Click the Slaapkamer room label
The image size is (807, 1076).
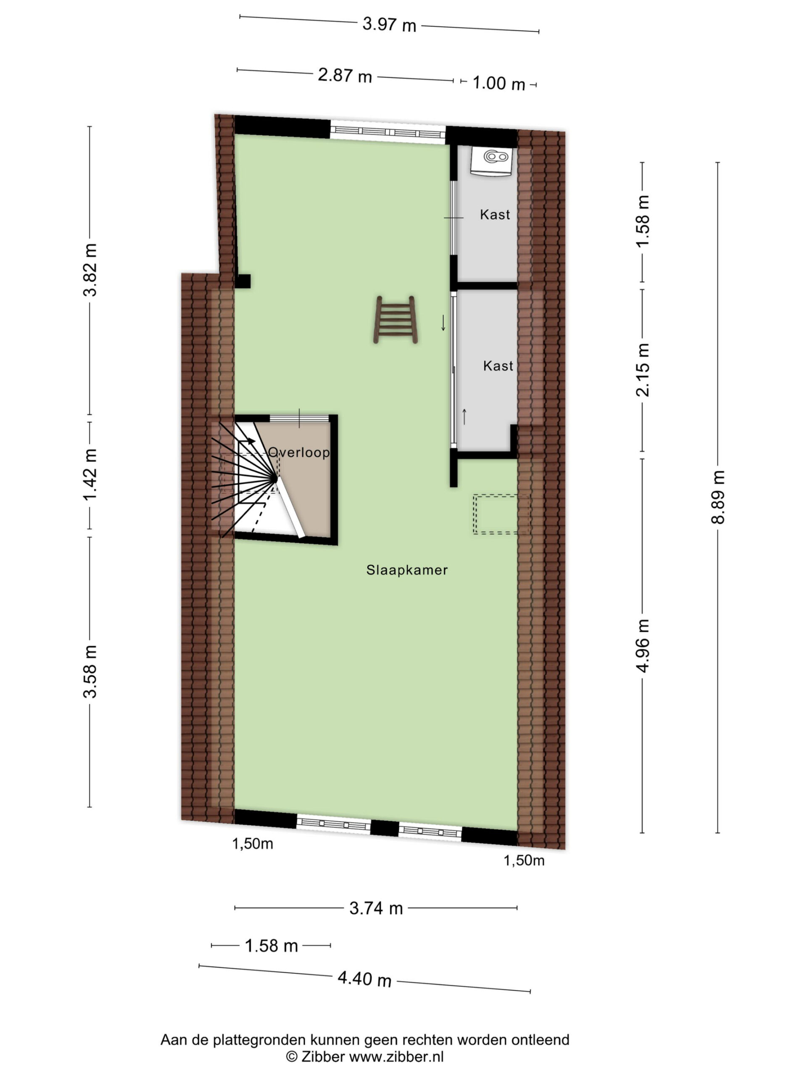pyautogui.click(x=407, y=570)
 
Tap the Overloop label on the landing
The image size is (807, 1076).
pyautogui.click(x=299, y=452)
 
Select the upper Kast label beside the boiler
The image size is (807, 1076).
pyautogui.click(x=495, y=214)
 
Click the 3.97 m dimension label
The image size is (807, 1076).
pyautogui.click(x=389, y=24)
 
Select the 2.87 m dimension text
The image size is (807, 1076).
pyautogui.click(x=345, y=76)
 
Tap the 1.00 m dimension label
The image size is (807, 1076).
pyautogui.click(x=498, y=83)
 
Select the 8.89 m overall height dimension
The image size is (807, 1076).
pyautogui.click(x=718, y=497)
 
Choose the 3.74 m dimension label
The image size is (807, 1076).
pyautogui.click(x=376, y=908)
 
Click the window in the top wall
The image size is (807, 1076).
pyautogui.click(x=388, y=132)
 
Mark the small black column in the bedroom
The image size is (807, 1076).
pyautogui.click(x=243, y=281)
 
